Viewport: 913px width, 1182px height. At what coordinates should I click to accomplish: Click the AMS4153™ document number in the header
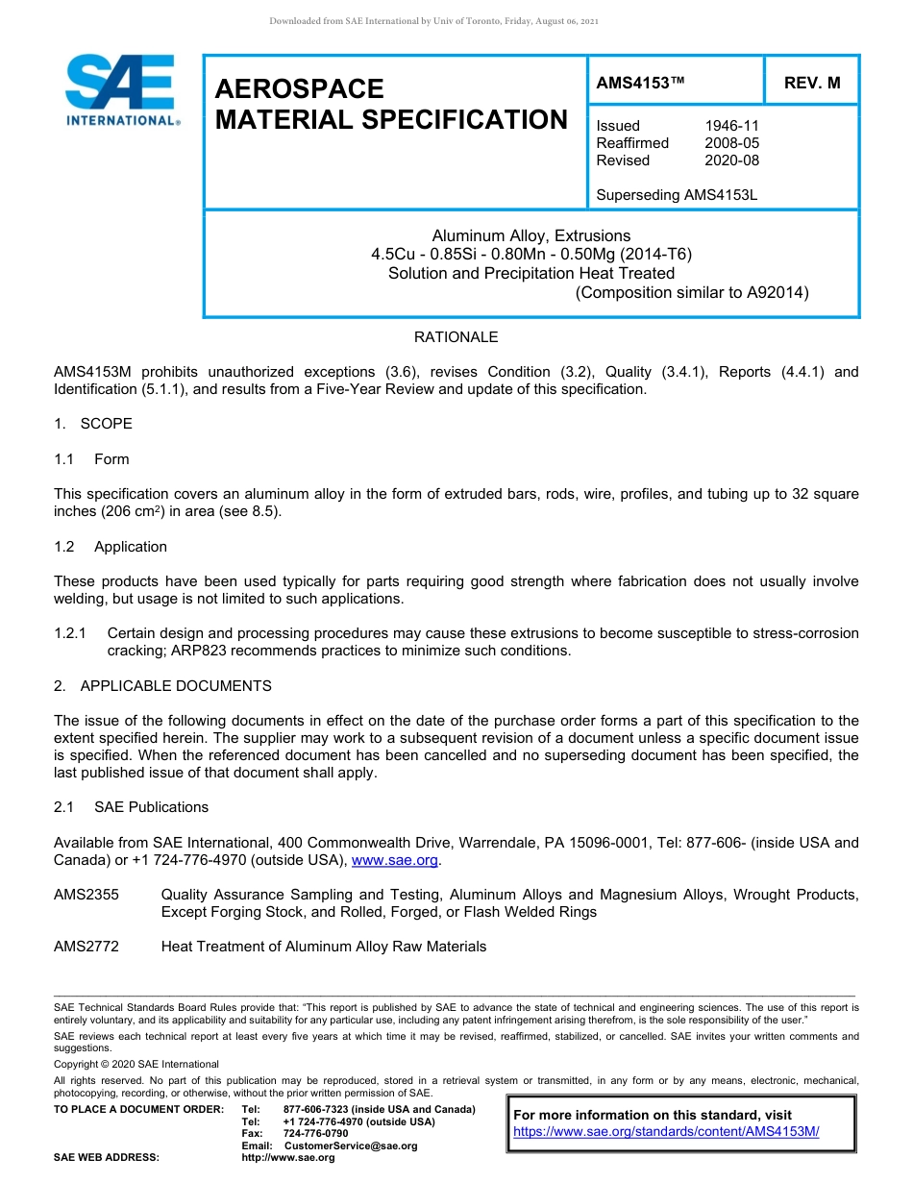tap(640, 83)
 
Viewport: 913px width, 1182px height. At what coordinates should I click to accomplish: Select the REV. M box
tap(811, 83)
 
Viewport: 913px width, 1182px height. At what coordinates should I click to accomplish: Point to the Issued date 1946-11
tap(731, 126)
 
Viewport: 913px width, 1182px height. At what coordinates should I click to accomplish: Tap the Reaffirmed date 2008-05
tap(731, 143)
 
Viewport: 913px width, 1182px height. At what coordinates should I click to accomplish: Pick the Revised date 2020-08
tap(731, 160)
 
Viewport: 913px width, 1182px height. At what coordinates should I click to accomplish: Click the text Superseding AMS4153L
tap(677, 195)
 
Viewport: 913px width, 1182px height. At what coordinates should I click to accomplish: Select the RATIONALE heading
tap(456, 337)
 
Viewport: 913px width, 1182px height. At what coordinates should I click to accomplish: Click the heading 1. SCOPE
tap(93, 424)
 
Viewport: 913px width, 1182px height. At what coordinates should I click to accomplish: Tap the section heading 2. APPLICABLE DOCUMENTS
tap(162, 686)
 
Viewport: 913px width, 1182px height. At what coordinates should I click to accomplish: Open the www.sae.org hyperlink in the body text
tap(395, 860)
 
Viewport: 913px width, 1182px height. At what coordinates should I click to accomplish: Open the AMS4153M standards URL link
tap(666, 1132)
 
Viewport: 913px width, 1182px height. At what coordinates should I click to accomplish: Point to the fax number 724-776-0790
tap(315, 1134)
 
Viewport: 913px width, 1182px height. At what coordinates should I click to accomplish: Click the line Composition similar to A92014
tap(691, 292)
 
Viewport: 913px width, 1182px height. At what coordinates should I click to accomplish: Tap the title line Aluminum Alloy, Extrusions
tap(531, 235)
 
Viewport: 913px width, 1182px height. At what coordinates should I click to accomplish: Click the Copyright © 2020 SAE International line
tap(136, 1064)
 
